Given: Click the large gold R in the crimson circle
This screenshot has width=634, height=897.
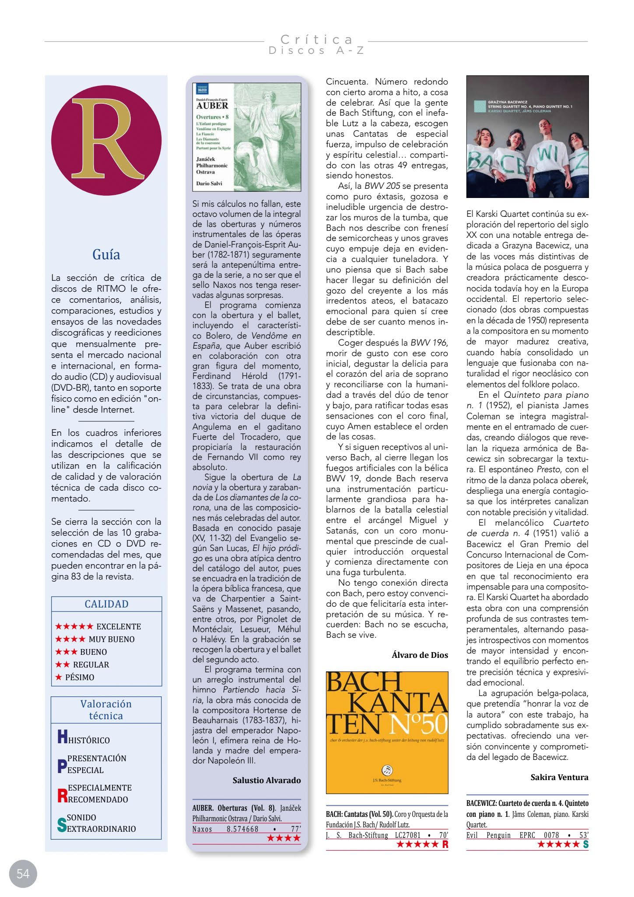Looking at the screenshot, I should point(106,140).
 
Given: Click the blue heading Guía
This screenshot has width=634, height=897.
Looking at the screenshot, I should point(106,254).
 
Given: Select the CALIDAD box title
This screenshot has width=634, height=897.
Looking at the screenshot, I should point(106,604).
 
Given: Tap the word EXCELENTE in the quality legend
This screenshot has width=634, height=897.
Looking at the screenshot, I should point(119,626).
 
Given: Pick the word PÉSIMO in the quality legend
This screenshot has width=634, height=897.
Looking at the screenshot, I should point(80,677).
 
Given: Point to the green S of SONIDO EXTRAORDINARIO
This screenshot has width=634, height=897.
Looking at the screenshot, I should point(62,825).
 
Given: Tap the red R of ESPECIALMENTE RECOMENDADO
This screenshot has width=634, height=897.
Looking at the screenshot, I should point(62,795).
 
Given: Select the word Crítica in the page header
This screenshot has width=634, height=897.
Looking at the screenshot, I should point(317,39).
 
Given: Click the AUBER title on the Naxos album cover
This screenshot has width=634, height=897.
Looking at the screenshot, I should point(212,106).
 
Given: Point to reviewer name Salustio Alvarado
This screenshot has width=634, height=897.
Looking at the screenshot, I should point(266,780).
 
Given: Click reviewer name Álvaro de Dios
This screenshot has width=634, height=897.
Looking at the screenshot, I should point(420,655).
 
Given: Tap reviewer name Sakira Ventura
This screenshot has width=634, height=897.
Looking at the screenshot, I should point(559,777).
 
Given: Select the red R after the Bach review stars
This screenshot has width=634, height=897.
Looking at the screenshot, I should point(445,845).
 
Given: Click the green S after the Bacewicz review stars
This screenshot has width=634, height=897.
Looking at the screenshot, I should point(585,844).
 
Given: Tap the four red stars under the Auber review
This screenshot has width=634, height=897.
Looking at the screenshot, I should point(284,838).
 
